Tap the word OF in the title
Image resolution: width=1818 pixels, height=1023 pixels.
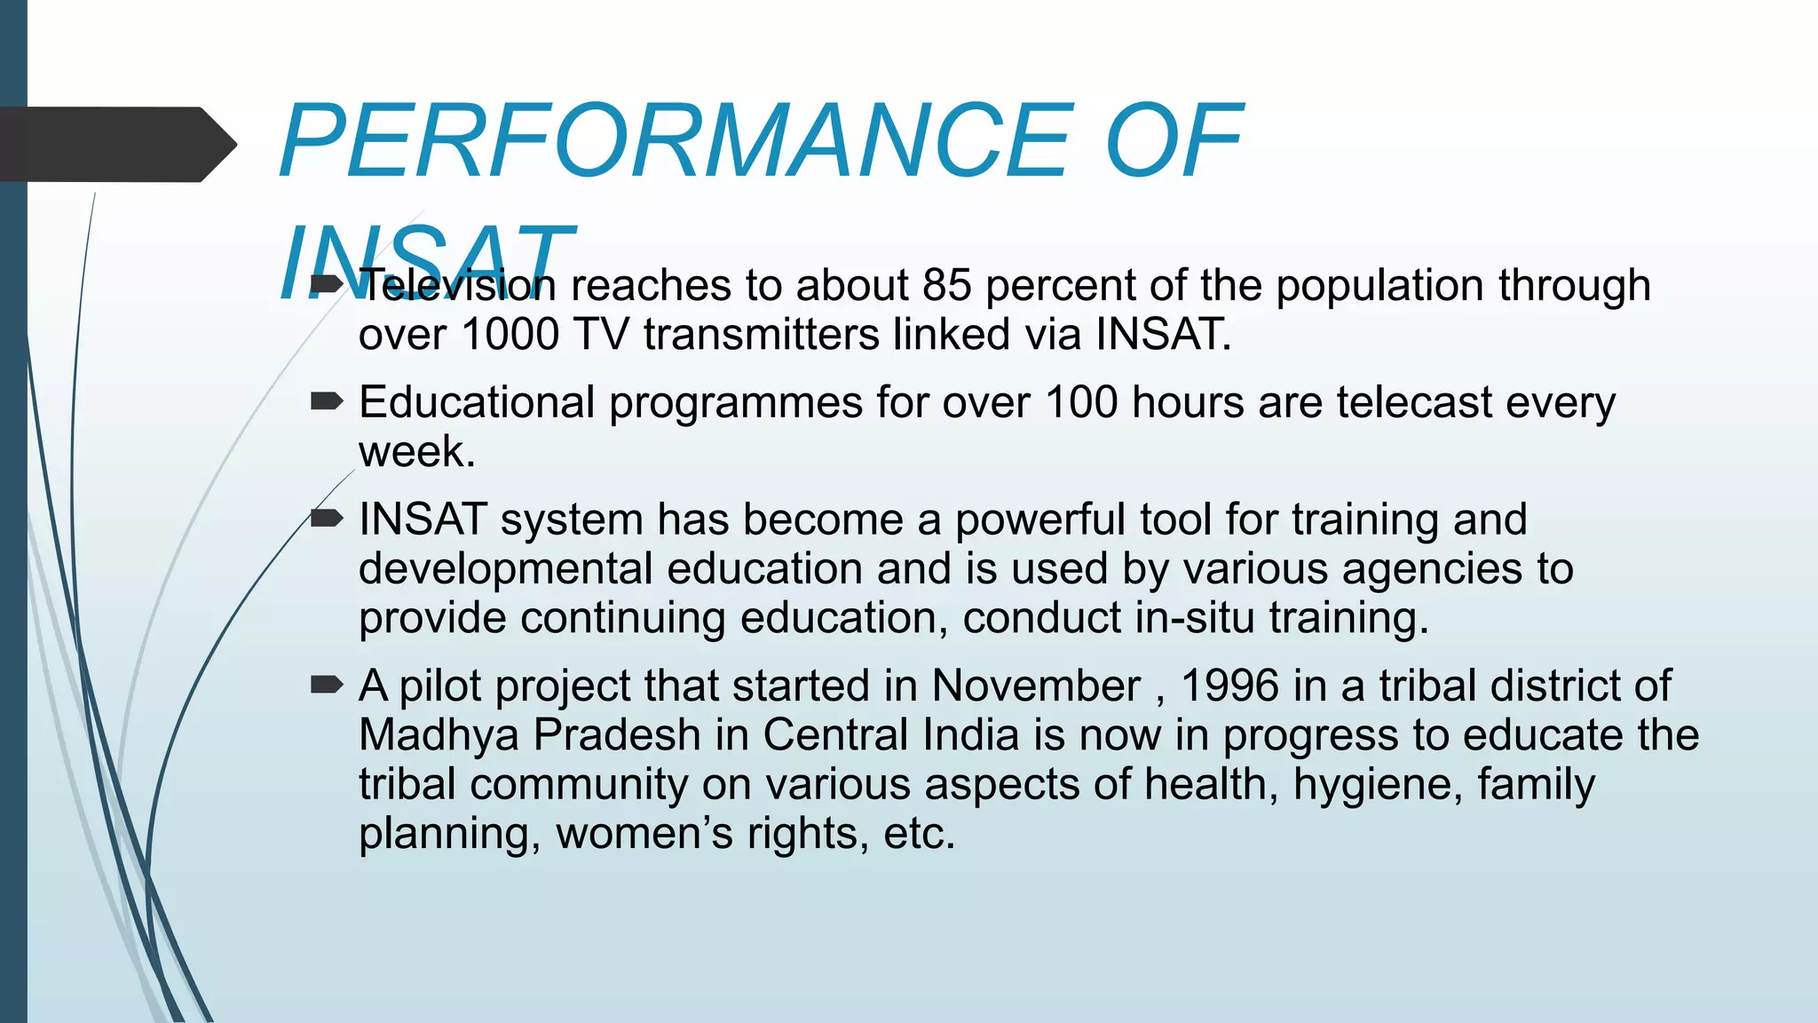[x=1174, y=142]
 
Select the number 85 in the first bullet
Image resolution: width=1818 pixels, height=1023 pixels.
[x=946, y=286]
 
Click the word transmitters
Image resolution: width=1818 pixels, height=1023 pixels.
[x=761, y=336]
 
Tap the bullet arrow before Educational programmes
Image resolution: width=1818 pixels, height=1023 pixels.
[x=326, y=402]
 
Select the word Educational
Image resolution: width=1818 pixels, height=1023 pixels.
[x=476, y=403]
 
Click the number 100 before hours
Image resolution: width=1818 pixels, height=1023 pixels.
[x=1080, y=403]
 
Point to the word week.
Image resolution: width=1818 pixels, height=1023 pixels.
[x=415, y=452]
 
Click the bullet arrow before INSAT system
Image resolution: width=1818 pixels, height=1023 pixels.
[x=326, y=519]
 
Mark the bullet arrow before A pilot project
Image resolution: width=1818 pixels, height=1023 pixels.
[x=326, y=685]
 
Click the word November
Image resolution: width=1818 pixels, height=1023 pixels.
[x=1036, y=686]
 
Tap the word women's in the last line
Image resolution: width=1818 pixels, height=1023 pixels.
[x=644, y=835]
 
